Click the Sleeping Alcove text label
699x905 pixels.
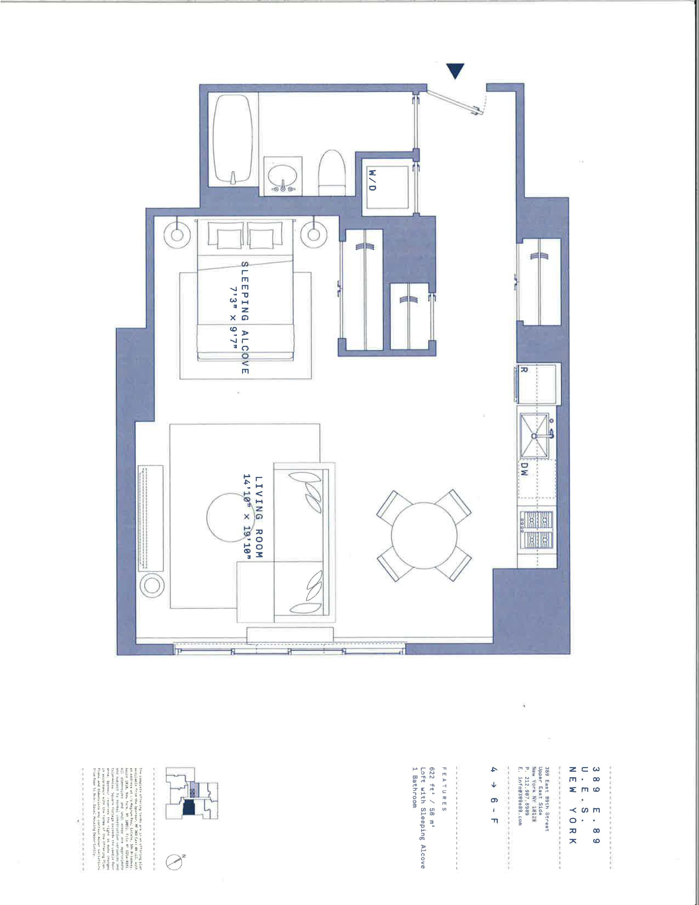245,317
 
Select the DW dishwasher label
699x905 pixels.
524,470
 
